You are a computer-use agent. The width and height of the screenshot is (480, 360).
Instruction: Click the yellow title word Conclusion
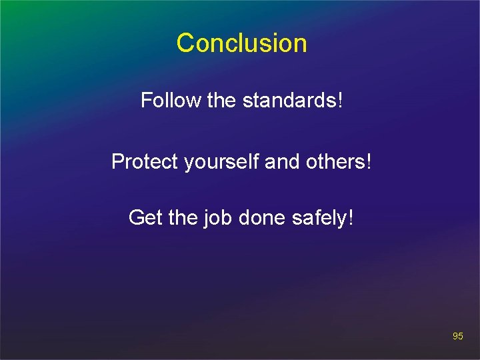pyautogui.click(x=241, y=43)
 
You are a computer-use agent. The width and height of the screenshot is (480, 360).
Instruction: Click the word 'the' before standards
pyautogui.click(x=222, y=101)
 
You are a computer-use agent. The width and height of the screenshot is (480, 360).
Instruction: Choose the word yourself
pyautogui.click(x=215, y=162)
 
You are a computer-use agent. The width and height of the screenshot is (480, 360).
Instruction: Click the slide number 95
pyautogui.click(x=457, y=337)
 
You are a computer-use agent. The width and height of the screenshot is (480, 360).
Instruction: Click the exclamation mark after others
pyautogui.click(x=367, y=161)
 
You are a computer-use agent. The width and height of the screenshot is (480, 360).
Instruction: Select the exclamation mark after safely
pyautogui.click(x=349, y=217)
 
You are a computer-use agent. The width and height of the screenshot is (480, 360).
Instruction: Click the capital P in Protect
pyautogui.click(x=117, y=161)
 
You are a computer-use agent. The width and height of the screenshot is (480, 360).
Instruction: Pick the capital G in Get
pyautogui.click(x=136, y=217)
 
